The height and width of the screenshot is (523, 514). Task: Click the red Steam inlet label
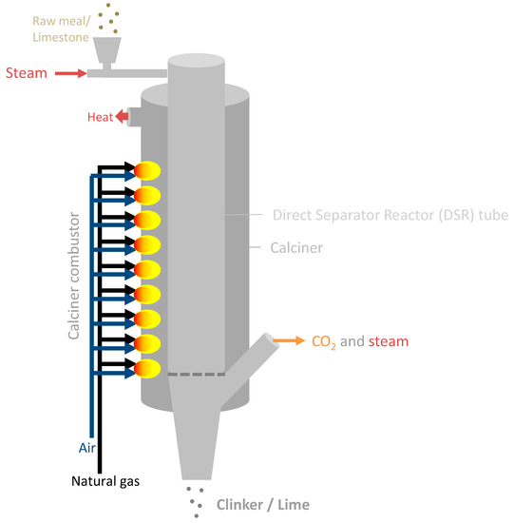coord(26,72)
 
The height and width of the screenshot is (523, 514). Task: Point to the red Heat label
coord(99,117)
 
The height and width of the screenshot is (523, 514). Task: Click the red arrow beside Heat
coord(121,117)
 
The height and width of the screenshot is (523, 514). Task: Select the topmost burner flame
coord(147,170)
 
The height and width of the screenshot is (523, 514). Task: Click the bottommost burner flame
coord(147,367)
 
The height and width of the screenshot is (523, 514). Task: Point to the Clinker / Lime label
coord(262,504)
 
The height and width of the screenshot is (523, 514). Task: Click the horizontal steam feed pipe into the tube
coord(128,73)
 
